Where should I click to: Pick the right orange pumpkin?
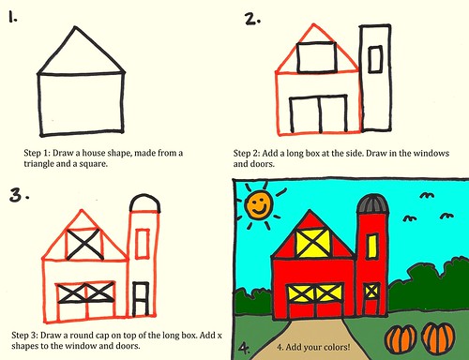pos(438,337)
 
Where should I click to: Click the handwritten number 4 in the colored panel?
pos(244,348)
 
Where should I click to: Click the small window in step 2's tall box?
pos(374,60)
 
